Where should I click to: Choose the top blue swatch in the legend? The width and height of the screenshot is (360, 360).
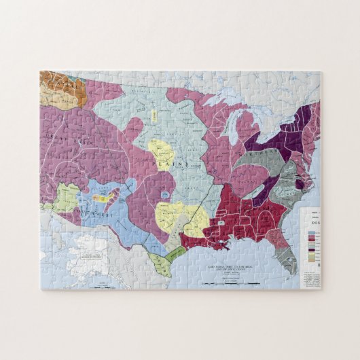pos(311,232)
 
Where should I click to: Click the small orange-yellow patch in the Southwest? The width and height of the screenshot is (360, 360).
pos(101,198)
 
